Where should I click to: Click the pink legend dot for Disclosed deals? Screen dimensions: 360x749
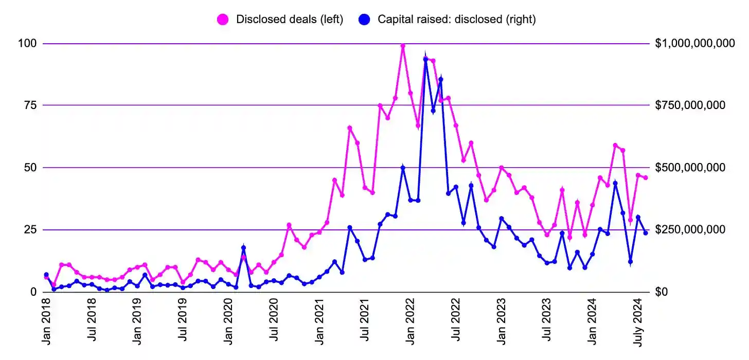[x=223, y=20]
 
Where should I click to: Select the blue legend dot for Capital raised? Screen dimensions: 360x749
[x=365, y=20]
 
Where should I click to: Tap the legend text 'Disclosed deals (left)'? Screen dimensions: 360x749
[x=289, y=20]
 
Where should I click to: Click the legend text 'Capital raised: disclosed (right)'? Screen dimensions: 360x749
[x=457, y=20]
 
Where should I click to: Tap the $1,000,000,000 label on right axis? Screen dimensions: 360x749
[x=694, y=44]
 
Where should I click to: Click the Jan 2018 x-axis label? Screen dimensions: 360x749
[x=47, y=321]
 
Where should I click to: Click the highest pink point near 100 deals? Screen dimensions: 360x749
[x=403, y=46]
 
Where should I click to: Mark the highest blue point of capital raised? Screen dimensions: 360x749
[x=425, y=59]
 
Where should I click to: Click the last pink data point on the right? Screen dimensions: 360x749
[x=646, y=178]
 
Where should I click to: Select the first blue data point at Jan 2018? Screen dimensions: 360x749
[x=46, y=275]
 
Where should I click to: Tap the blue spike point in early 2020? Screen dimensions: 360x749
[x=243, y=248]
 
